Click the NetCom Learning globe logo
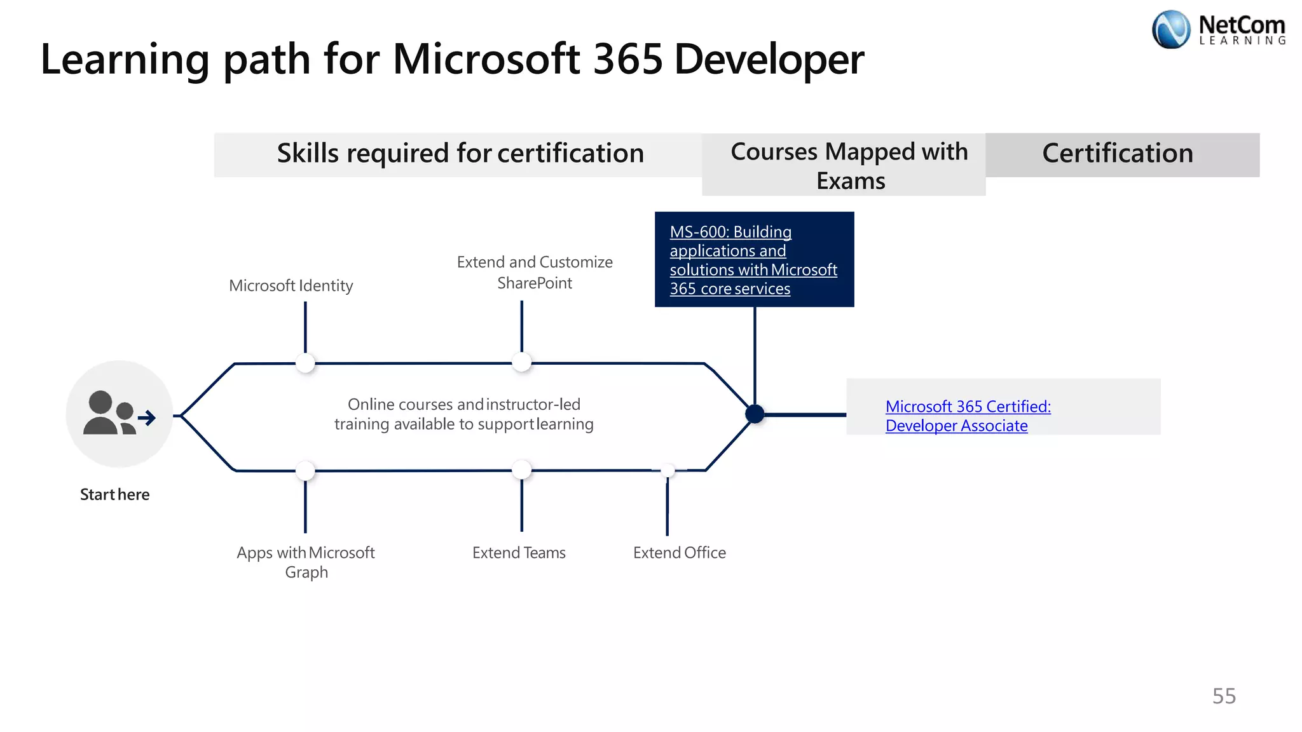click(x=1171, y=29)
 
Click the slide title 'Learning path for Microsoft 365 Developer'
click(x=452, y=59)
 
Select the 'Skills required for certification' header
click(x=460, y=154)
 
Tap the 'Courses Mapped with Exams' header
click(x=849, y=165)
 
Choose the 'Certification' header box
click(x=1118, y=154)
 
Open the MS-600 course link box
click(x=753, y=260)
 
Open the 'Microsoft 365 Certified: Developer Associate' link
click(x=968, y=416)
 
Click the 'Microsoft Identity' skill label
click(x=291, y=286)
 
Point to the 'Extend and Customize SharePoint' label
click(x=535, y=273)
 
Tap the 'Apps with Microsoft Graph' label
click(x=306, y=562)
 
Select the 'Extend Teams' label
click(x=519, y=553)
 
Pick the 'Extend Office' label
click(x=679, y=553)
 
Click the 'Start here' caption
click(x=114, y=494)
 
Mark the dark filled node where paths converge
click(x=755, y=414)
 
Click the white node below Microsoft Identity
click(x=306, y=363)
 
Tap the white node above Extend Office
click(x=668, y=470)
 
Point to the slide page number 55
click(x=1224, y=696)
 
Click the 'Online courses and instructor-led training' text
click(x=464, y=414)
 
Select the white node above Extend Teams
click(x=521, y=470)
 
